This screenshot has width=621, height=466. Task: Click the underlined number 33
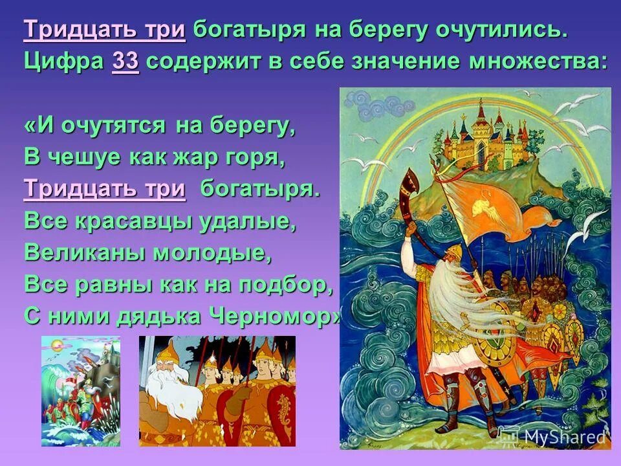(125, 62)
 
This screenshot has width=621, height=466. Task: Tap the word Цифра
(64, 62)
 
